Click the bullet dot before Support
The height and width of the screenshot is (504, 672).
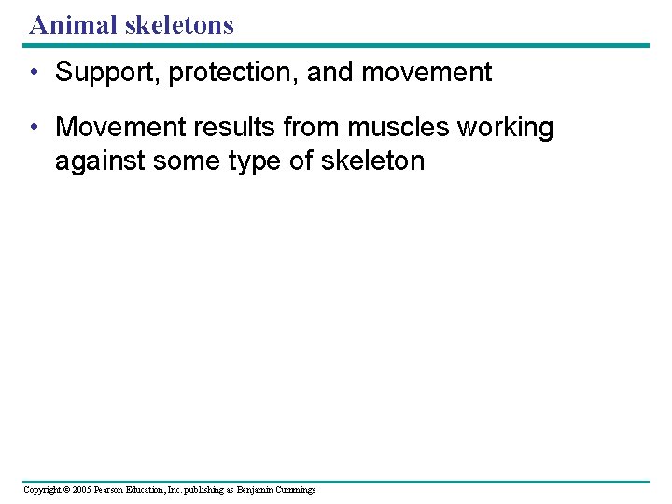pyautogui.click(x=34, y=73)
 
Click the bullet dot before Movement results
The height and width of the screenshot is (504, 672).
pyautogui.click(x=34, y=127)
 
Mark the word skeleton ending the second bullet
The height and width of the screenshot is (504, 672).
pyautogui.click(x=372, y=161)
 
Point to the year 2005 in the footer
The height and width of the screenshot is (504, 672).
pyautogui.click(x=80, y=489)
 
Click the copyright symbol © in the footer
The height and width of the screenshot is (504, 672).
pyautogui.click(x=66, y=489)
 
